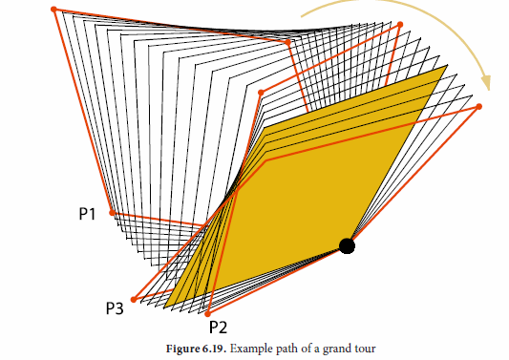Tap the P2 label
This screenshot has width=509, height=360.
(x=218, y=327)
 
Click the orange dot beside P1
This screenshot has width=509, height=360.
(x=112, y=212)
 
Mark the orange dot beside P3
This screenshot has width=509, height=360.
(x=134, y=300)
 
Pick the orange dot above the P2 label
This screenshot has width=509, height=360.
(x=208, y=313)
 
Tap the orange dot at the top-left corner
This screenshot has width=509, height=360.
(x=53, y=10)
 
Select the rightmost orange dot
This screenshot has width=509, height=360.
(x=478, y=106)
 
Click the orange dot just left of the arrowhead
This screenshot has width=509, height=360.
(x=400, y=25)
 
